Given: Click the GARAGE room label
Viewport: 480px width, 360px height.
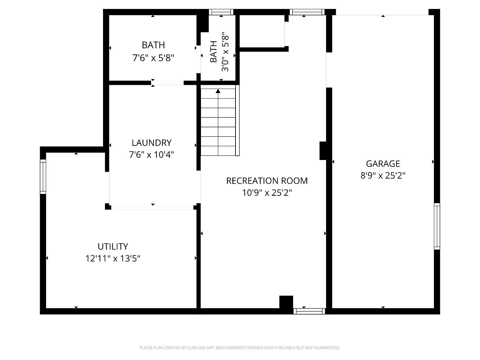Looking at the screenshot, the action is click(383, 164).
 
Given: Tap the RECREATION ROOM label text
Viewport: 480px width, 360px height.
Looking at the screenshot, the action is click(267, 181).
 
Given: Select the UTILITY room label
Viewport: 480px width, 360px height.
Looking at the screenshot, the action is click(113, 246).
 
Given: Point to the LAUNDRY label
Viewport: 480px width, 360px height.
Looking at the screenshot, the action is click(152, 143).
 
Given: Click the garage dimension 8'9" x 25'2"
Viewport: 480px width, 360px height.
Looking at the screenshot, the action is click(383, 175).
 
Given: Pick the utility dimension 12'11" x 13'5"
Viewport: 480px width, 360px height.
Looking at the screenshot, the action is click(113, 259).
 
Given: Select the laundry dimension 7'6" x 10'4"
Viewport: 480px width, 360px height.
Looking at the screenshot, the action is click(152, 155).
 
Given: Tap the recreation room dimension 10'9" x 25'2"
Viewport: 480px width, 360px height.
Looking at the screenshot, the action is click(267, 193).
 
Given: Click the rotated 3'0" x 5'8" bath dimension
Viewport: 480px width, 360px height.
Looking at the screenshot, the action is click(225, 52).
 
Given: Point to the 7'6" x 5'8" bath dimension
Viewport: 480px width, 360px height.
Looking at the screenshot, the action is click(153, 58).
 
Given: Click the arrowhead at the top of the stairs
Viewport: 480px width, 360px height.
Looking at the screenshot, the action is click(218, 91).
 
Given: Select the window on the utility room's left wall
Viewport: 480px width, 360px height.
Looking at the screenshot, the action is click(43, 177).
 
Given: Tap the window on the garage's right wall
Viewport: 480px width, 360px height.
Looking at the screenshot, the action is click(437, 226).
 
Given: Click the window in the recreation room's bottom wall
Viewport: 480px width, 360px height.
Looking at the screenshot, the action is click(309, 311).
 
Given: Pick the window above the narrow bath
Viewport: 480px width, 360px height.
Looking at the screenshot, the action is click(221, 12).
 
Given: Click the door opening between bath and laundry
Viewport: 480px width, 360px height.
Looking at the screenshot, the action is click(167, 83).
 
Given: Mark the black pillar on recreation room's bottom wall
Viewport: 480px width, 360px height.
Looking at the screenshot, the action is click(286, 302).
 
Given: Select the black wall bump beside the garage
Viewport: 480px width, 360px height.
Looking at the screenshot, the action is click(323, 151).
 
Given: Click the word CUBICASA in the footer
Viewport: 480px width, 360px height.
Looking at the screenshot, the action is click(196, 348).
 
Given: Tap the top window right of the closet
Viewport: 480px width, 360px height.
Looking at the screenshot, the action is click(307, 12).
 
